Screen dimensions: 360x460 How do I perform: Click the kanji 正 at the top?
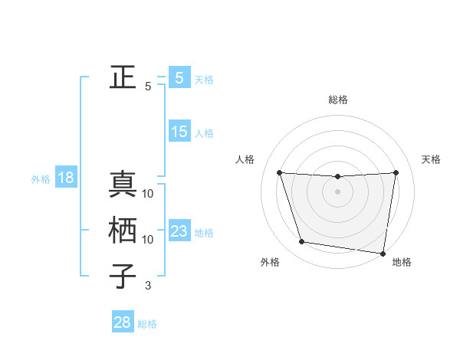(x=123, y=77)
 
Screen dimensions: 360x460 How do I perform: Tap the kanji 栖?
(x=123, y=231)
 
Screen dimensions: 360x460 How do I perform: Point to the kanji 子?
(x=123, y=277)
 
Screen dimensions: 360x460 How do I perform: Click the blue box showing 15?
(x=179, y=132)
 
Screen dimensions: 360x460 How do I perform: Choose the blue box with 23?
(x=179, y=231)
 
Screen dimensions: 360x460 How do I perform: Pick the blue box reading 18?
(x=66, y=178)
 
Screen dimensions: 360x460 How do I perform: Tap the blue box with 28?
(x=123, y=322)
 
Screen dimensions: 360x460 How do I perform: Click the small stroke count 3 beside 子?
(x=148, y=286)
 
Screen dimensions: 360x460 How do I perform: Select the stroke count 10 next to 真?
(x=148, y=194)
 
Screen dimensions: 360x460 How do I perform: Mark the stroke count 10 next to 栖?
(x=148, y=240)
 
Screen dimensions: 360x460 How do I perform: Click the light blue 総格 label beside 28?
(x=147, y=324)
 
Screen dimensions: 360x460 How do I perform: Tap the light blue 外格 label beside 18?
(x=41, y=179)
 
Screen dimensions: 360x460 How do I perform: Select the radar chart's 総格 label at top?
(x=337, y=100)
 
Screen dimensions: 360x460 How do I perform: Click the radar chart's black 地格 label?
(x=402, y=263)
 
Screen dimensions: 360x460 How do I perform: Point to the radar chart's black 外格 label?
(x=270, y=263)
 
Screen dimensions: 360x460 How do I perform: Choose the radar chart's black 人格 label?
(x=245, y=159)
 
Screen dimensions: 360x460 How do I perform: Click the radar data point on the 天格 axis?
(x=396, y=172)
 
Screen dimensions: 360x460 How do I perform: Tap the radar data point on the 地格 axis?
(x=383, y=253)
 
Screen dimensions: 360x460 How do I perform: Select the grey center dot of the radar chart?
(x=337, y=191)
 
